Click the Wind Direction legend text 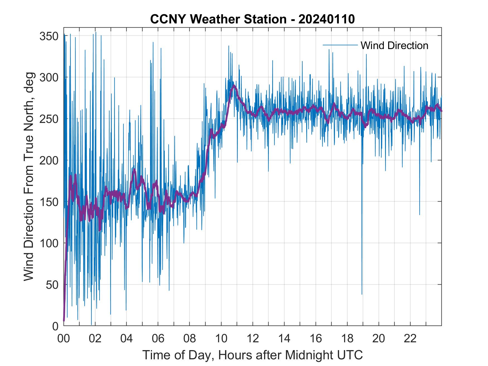[x=394, y=45]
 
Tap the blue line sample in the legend [x=340, y=45]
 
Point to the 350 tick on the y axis [x=49, y=36]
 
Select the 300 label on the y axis [x=49, y=77]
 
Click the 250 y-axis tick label [x=49, y=119]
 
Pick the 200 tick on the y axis [x=49, y=160]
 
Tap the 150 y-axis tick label [x=49, y=202]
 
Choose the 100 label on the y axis [x=49, y=243]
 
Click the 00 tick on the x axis [x=64, y=338]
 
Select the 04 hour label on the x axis [x=127, y=338]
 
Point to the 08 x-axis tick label [x=190, y=338]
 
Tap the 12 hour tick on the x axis [x=253, y=338]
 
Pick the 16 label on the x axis [x=316, y=338]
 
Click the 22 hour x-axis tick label [x=410, y=338]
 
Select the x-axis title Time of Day [x=252, y=355]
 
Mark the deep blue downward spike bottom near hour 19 [x=362, y=294]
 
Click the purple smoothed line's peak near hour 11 [x=234, y=86]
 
